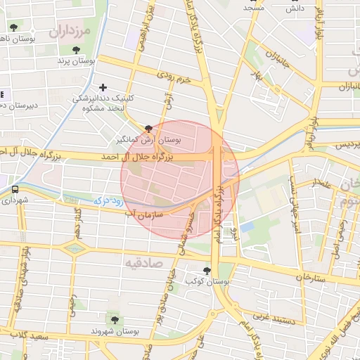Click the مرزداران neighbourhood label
pyautogui.click(x=70, y=32)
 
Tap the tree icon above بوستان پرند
pyautogui.click(x=77, y=50)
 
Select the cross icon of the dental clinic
pyautogui.click(x=103, y=88)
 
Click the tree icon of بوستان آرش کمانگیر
pyautogui.click(x=148, y=129)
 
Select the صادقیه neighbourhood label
pyautogui.click(x=143, y=262)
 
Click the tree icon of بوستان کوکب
pyautogui.click(x=207, y=270)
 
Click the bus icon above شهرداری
pyautogui.click(x=15, y=189)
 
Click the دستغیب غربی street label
pyautogui.click(x=272, y=318)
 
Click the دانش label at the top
pyautogui.click(x=295, y=8)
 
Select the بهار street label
pyautogui.click(x=262, y=70)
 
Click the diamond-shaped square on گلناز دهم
pyautogui.click(x=73, y=247)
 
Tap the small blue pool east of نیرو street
pyautogui.click(x=247, y=226)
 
